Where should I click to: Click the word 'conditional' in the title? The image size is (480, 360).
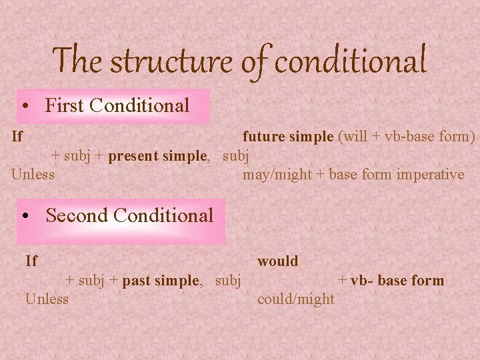(351, 61)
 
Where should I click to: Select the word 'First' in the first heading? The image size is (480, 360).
(64, 105)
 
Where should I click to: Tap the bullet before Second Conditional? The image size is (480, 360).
(26, 216)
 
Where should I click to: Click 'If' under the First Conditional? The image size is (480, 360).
(17, 137)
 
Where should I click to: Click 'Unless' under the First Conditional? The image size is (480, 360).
(33, 175)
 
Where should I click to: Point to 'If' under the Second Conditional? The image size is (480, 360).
(31, 261)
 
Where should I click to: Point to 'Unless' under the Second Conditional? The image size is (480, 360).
(47, 299)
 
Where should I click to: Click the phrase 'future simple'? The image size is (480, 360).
(288, 137)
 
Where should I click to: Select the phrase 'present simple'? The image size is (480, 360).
(159, 156)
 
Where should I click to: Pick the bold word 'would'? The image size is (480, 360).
(277, 261)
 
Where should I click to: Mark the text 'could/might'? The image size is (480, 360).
(295, 299)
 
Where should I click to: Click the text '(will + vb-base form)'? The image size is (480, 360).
(407, 137)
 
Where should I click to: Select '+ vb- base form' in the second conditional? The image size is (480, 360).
(391, 280)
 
